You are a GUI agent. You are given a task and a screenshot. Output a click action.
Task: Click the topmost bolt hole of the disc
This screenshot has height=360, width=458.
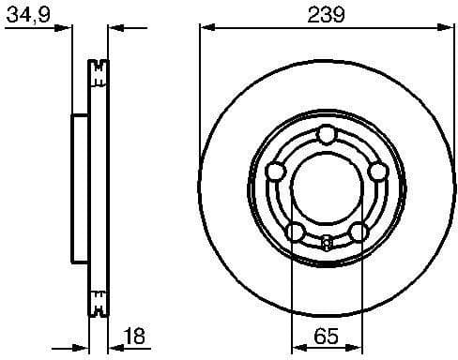point(326,136)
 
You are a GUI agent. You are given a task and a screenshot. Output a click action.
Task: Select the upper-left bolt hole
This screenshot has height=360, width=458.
point(276,172)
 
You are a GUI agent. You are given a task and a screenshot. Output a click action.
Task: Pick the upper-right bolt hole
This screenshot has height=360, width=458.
point(376,172)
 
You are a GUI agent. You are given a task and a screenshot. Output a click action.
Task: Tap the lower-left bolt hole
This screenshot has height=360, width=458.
point(295,232)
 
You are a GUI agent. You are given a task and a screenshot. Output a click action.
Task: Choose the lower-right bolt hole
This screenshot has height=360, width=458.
point(358,232)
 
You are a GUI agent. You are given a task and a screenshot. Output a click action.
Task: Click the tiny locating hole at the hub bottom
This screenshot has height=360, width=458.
point(326,245)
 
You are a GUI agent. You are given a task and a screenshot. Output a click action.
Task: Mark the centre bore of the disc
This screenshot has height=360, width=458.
point(326,187)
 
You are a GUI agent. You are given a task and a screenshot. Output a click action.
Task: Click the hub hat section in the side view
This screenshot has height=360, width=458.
point(80,187)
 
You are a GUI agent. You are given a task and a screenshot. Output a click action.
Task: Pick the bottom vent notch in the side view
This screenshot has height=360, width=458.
point(98,305)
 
